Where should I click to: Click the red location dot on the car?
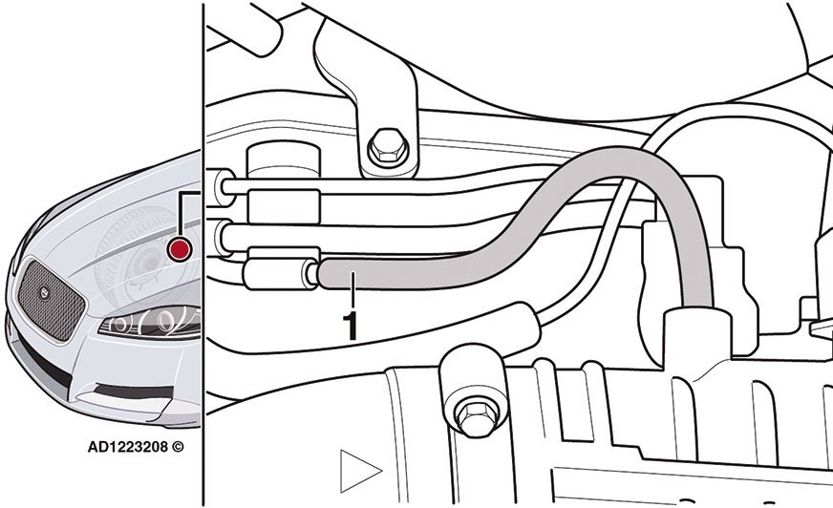pyautogui.click(x=179, y=249)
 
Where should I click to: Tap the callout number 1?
pyautogui.click(x=350, y=326)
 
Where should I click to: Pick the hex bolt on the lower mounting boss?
pyautogui.click(x=477, y=417)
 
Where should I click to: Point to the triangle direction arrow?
pyautogui.click(x=358, y=471)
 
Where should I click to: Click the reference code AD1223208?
pyautogui.click(x=128, y=447)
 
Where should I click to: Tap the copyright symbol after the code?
pyautogui.click(x=178, y=447)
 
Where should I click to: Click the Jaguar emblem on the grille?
pyautogui.click(x=44, y=292)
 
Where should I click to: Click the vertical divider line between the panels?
pyautogui.click(x=203, y=254)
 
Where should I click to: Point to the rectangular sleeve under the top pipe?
pyautogui.click(x=284, y=206)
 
